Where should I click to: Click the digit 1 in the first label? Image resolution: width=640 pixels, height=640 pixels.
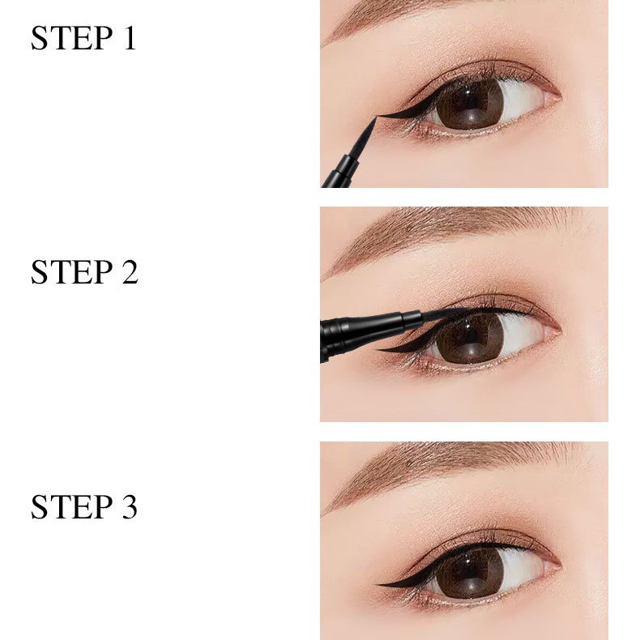[128, 38]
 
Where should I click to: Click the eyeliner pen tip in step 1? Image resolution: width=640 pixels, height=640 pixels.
[373, 122]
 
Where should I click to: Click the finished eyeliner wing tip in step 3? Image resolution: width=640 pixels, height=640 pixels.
[382, 582]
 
